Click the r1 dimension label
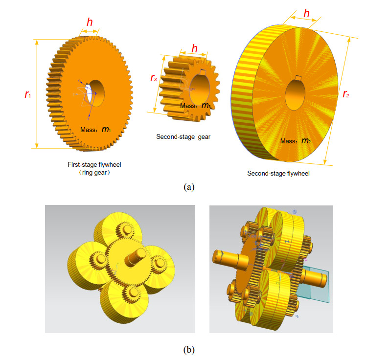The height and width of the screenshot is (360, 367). coord(27,94)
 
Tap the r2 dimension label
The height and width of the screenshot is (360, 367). coord(345,94)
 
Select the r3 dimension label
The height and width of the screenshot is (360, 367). coord(154,78)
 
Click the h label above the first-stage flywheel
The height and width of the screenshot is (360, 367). coord(90,22)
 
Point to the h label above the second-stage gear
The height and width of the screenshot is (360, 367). coord(194,48)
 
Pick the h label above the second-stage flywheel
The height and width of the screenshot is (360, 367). coord(306,13)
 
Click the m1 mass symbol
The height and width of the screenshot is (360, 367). coord(106,129)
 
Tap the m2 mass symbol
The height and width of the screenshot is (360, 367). coord(306,140)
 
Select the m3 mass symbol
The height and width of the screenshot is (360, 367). coord(206,106)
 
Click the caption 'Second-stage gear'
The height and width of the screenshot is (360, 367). coord(183,136)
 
